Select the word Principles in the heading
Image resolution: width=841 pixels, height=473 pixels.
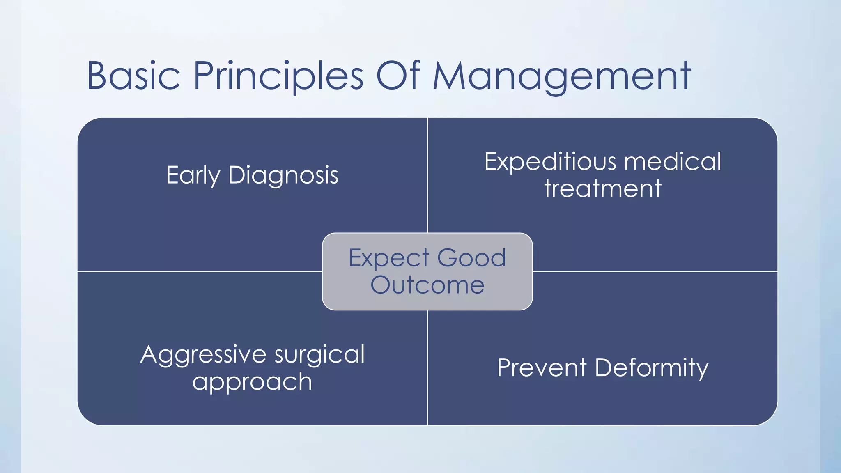278,76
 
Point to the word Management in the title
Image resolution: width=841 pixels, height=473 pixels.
562,76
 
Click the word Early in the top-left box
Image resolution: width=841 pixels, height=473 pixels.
193,176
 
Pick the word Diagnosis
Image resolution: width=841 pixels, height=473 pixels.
283,176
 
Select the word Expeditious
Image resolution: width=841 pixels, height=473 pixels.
550,162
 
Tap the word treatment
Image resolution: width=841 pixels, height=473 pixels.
602,188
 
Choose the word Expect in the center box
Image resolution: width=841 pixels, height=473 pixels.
388,258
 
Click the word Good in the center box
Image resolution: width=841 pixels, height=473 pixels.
471,258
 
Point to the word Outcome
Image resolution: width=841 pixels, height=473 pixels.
427,285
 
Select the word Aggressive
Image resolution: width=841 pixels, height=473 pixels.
204,355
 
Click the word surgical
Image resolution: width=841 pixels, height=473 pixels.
319,355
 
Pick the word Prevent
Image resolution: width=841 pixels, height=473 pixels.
542,367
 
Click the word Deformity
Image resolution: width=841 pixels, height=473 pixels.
651,368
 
